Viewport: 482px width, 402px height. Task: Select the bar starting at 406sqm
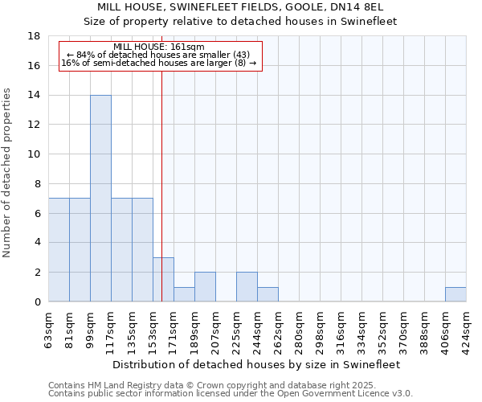tap(455, 294)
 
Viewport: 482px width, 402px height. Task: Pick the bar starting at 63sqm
tap(59, 250)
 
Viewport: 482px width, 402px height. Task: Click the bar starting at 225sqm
tap(247, 287)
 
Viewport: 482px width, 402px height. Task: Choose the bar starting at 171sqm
tap(184, 294)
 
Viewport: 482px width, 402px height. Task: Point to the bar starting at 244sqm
tap(268, 294)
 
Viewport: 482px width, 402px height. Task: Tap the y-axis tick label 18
tap(35, 36)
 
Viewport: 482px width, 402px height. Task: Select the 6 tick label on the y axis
tap(39, 213)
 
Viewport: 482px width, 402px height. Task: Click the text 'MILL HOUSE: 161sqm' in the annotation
tap(159, 47)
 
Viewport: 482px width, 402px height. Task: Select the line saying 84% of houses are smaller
tap(159, 55)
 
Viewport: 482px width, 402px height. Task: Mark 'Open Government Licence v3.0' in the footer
tap(345, 393)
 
